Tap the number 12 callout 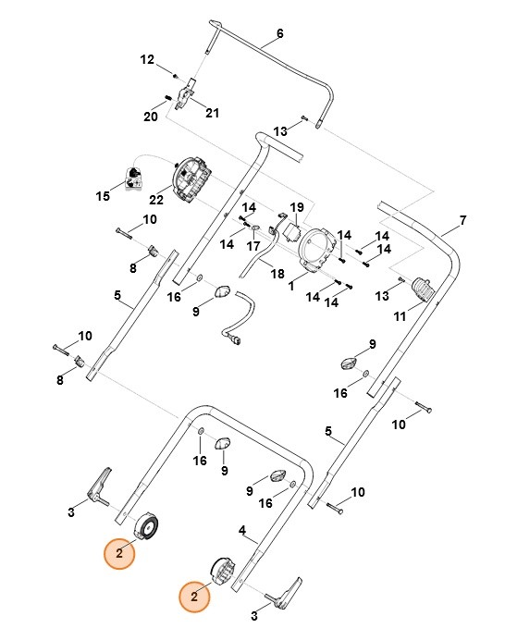[147, 60]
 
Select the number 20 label [150, 117]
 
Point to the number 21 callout [213, 114]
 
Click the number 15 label [103, 196]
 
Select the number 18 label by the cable [276, 275]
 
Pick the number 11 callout [400, 316]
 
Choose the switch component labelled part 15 [132, 175]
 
